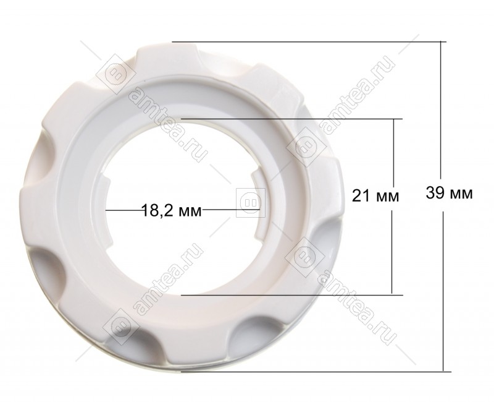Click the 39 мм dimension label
tap(449, 193)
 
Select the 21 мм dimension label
tap(375, 196)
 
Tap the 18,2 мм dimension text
tap(172, 210)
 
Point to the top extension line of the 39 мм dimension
tap(309, 41)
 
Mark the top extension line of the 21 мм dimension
tap(291, 119)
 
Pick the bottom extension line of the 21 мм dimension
tap(292, 295)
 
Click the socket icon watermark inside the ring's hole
tap(251, 202)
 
